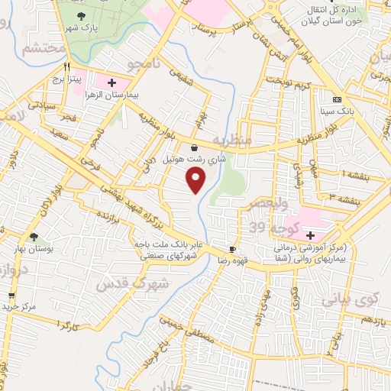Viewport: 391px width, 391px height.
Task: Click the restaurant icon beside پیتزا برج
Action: tap(68, 66)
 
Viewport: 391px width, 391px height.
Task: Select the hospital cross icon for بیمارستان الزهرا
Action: tap(111, 82)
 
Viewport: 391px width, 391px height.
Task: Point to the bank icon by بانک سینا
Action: tap(336, 99)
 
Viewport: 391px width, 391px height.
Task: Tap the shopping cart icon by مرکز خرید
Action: tap(11, 295)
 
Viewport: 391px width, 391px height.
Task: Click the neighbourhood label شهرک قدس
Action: tap(123, 286)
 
